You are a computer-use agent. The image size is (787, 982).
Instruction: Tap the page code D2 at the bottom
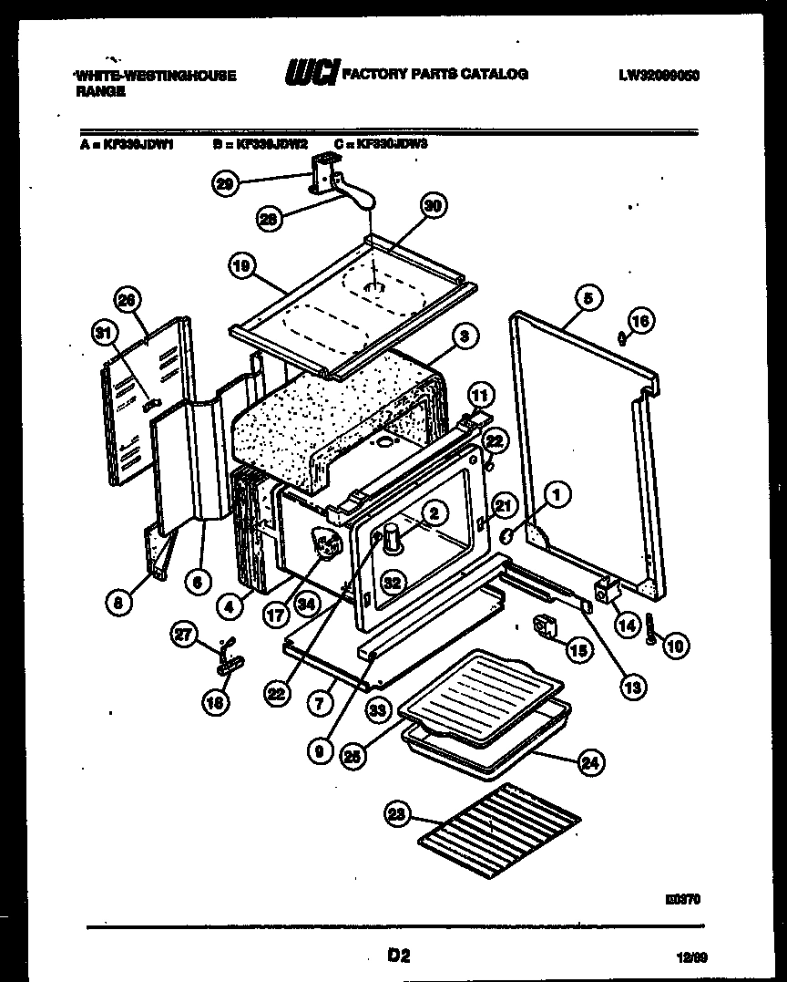(x=398, y=956)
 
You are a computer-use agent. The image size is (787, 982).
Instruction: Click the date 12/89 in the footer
(x=692, y=957)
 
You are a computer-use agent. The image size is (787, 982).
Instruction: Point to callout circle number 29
(x=225, y=183)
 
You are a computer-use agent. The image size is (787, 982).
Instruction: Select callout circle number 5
(x=588, y=297)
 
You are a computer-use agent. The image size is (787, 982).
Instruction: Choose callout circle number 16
(x=640, y=321)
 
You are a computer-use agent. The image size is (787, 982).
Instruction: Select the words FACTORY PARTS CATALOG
(x=434, y=74)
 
